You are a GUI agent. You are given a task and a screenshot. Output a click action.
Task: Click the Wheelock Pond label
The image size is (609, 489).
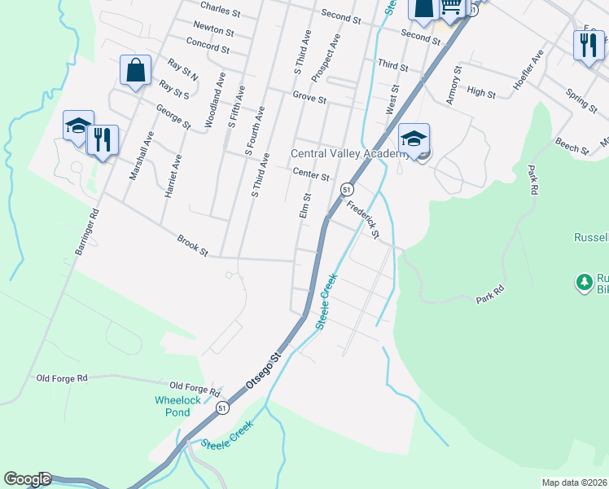tap(173, 406)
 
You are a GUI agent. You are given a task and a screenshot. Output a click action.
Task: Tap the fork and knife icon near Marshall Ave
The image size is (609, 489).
tap(103, 139)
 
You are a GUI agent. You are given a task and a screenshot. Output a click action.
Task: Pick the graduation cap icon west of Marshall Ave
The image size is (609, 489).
tap(78, 126)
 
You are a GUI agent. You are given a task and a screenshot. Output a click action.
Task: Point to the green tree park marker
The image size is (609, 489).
tap(584, 282)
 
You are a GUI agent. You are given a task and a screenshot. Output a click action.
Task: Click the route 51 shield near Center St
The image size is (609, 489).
tap(347, 189)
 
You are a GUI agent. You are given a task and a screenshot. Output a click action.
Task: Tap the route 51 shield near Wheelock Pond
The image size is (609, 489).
tap(222, 407)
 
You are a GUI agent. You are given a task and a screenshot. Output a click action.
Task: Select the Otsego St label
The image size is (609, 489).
tap(264, 371)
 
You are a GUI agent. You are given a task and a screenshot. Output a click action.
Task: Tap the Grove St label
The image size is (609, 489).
tap(309, 99)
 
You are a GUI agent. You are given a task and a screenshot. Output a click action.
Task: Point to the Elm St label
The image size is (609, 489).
tap(306, 205)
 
